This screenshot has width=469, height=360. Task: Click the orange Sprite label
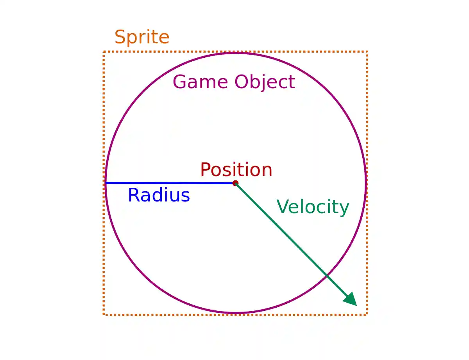tap(142, 37)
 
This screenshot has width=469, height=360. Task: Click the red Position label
tap(236, 170)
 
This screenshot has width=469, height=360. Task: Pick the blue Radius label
tap(159, 195)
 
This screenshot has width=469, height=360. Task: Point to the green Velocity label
tap(313, 207)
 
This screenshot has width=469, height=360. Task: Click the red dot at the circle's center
tap(235, 183)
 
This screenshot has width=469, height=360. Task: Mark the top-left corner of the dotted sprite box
tap(104, 52)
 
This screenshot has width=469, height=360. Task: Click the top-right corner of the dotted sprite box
tap(367, 52)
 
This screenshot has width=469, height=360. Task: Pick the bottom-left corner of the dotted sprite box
tap(104, 314)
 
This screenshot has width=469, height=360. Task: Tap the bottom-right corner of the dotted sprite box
tap(367, 314)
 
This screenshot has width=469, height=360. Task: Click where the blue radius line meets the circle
tap(106, 183)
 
